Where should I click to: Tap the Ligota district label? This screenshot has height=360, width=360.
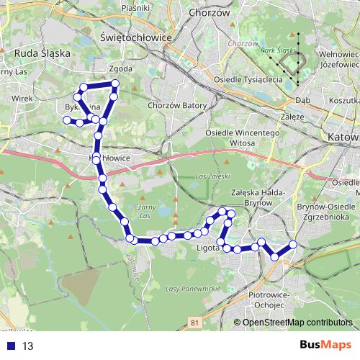(x=207, y=251)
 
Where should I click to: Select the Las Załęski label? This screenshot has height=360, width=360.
(x=210, y=176)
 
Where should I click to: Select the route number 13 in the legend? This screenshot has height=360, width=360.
(x=28, y=346)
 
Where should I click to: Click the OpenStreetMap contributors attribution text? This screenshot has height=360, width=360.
(x=298, y=323)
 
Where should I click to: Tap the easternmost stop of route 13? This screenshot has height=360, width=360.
(x=294, y=246)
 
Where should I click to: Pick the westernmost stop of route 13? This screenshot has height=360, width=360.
(x=67, y=120)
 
